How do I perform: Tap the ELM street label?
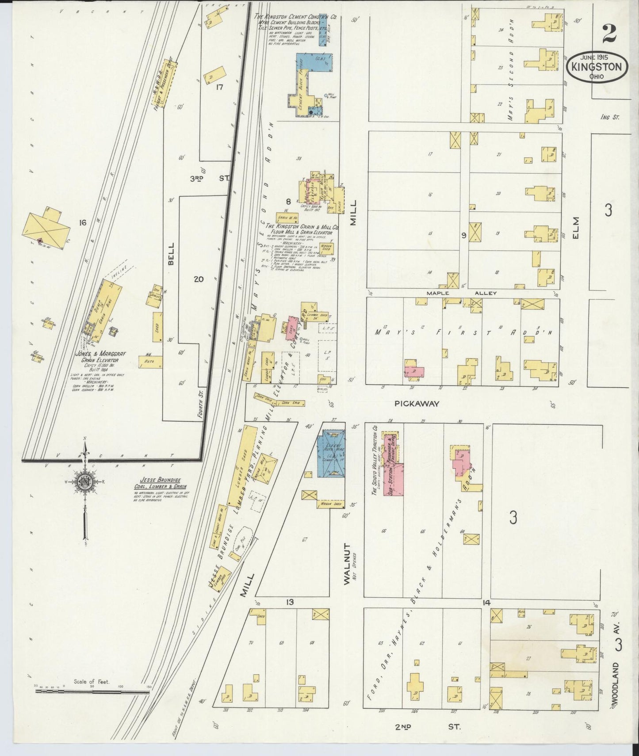576,229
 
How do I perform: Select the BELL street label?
171,253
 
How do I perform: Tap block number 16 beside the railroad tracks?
82,222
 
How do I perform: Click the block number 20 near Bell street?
199,279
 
